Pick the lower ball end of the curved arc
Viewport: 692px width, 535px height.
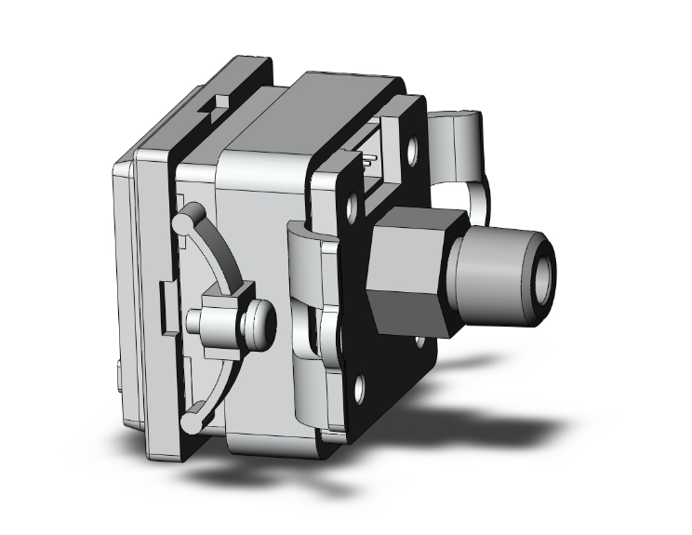pyautogui.click(x=190, y=422)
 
